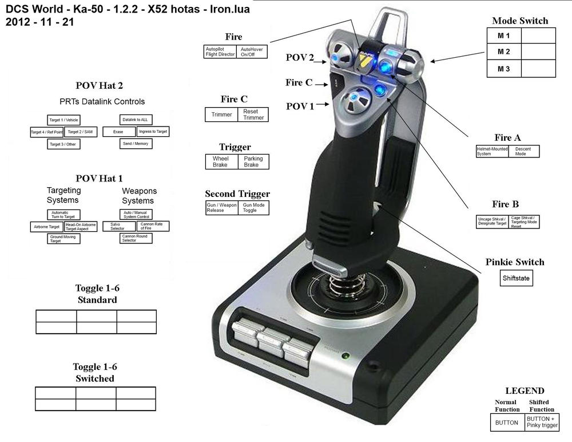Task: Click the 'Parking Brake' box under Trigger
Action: [x=253, y=161]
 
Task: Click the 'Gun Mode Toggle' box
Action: [x=253, y=207]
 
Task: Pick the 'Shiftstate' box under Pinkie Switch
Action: [x=517, y=279]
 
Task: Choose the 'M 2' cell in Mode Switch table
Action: [x=504, y=52]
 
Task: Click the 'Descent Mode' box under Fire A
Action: [x=523, y=151]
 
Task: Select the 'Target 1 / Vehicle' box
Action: [x=63, y=120]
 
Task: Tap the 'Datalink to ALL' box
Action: [x=136, y=119]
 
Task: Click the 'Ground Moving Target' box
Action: [x=63, y=239]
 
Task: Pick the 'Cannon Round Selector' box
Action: [x=136, y=238]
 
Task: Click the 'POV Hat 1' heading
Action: [x=99, y=179]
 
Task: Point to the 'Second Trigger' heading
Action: [x=237, y=194]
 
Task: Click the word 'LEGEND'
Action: [x=525, y=391]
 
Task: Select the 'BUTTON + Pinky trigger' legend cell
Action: [x=542, y=422]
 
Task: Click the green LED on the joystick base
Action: [x=345, y=356]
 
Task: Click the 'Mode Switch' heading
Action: [x=520, y=21]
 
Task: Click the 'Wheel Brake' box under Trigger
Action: [x=221, y=161]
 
